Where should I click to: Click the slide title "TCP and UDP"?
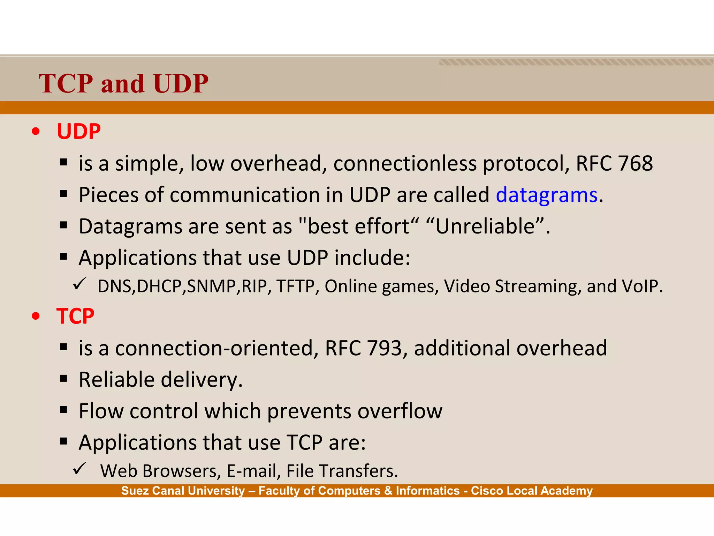(x=123, y=84)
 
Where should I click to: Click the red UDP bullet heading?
(x=79, y=132)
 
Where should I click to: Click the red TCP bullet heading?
(x=75, y=317)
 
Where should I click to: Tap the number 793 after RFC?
(x=385, y=348)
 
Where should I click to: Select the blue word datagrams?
(x=547, y=195)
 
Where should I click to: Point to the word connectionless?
(x=405, y=163)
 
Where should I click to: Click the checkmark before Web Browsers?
(x=79, y=468)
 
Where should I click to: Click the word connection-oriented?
(x=217, y=348)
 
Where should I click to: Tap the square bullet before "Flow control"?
(x=63, y=410)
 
